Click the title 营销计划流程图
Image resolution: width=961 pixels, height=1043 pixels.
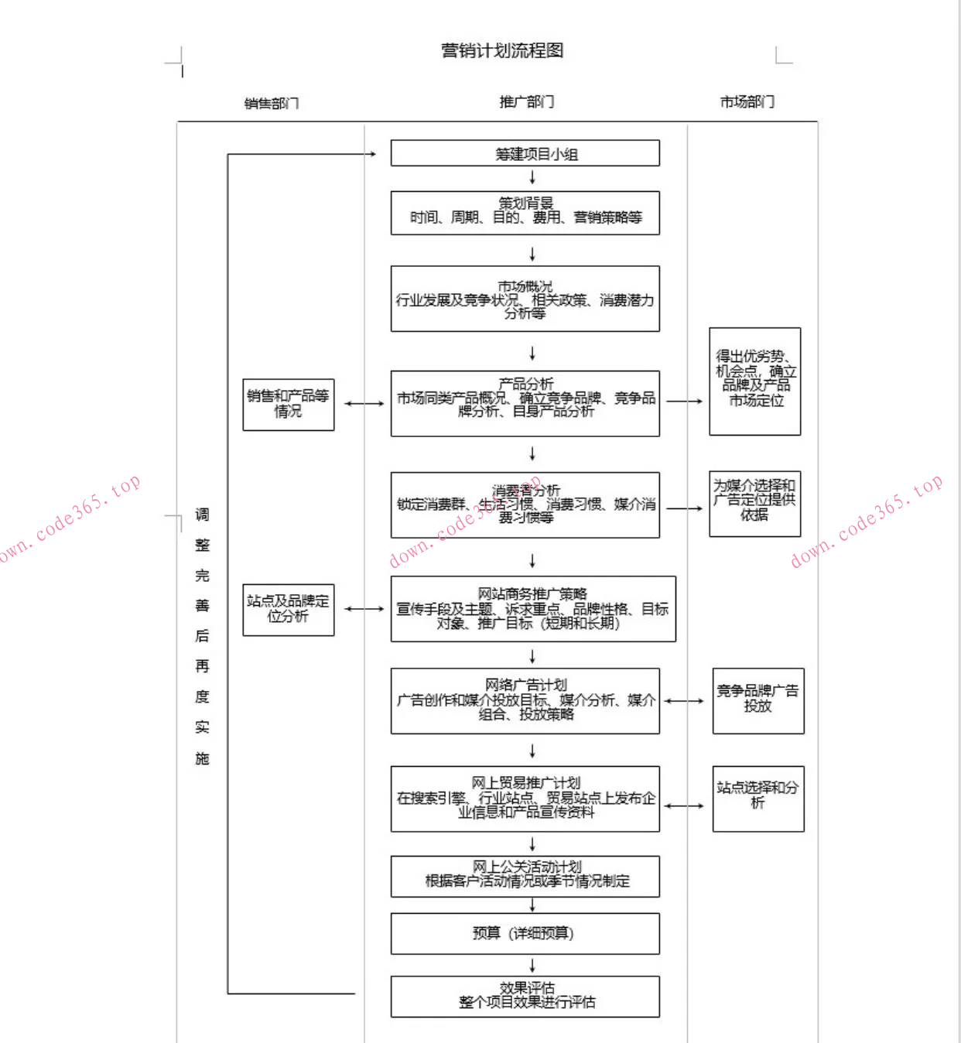[502, 51]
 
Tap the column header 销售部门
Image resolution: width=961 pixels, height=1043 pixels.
[271, 104]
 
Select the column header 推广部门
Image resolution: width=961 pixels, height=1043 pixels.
[526, 102]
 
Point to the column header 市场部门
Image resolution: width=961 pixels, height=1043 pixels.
[747, 102]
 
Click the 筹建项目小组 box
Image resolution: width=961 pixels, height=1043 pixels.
[525, 153]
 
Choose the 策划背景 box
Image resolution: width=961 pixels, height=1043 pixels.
[525, 213]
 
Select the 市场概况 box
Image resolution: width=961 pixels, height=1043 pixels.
[525, 299]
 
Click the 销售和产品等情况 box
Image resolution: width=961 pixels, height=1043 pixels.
[288, 404]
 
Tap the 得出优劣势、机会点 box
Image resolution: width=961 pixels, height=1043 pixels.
[754, 381]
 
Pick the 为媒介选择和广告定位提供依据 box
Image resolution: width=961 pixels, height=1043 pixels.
[754, 504]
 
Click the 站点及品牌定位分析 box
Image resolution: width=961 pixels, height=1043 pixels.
[288, 610]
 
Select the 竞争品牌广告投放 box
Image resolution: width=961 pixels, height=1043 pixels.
[758, 700]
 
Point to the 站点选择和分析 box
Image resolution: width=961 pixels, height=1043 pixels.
[758, 798]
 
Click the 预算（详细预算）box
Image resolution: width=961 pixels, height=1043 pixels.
[525, 934]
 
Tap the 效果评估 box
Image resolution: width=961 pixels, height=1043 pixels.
[525, 996]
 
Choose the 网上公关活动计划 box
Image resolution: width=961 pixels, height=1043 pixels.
[525, 876]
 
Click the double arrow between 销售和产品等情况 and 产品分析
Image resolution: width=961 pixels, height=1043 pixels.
[364, 404]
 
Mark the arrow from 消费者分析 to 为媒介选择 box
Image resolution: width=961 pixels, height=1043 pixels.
[684, 508]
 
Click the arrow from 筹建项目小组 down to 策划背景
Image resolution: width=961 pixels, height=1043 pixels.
[532, 178]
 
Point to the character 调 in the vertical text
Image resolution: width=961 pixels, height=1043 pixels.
[202, 515]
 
